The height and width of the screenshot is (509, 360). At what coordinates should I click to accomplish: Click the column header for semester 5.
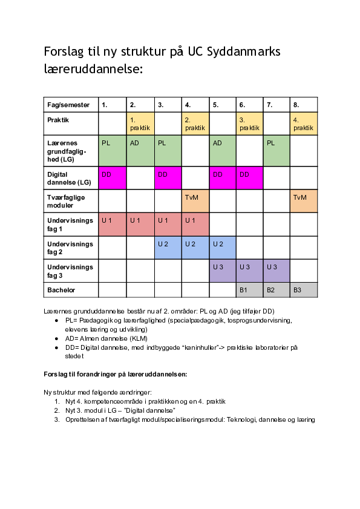(x=223, y=105)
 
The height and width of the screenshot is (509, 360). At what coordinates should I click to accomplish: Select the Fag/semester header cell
(x=71, y=105)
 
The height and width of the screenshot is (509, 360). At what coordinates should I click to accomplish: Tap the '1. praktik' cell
(x=140, y=123)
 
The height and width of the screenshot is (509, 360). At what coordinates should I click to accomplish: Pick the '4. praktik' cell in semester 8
(x=304, y=123)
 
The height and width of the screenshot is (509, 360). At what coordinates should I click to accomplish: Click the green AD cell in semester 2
(x=140, y=150)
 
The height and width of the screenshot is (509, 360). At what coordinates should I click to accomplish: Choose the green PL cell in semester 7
(x=277, y=150)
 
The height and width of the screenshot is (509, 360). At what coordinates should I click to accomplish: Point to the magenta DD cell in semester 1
(x=113, y=178)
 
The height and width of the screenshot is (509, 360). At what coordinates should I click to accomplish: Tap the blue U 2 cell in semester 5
(x=223, y=248)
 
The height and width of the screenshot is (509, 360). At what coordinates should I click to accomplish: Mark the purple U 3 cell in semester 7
(x=277, y=271)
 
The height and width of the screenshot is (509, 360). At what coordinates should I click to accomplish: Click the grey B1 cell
(x=249, y=290)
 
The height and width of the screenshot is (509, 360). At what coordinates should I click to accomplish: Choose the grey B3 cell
(x=304, y=290)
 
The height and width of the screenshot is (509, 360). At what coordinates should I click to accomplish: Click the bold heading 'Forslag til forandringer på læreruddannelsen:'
(x=116, y=373)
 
